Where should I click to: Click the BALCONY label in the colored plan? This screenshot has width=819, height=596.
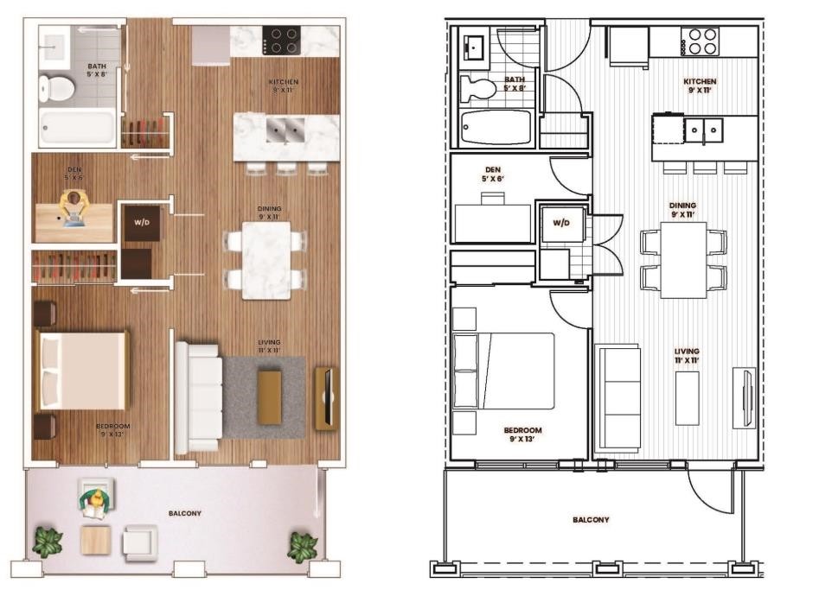point(184,513)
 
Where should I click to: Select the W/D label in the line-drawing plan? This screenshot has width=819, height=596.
point(561,223)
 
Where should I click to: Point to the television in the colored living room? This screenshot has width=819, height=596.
point(326,398)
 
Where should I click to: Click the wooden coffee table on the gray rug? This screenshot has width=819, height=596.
point(269,397)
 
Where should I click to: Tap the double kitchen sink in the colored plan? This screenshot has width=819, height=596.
point(285,130)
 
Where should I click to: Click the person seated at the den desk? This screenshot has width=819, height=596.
point(75,207)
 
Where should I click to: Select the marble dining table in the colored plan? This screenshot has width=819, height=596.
point(266,260)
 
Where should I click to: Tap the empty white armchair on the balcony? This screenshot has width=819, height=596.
point(140,542)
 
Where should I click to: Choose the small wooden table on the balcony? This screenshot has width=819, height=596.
point(95,540)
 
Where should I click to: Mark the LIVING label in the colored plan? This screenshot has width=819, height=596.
point(269,343)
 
